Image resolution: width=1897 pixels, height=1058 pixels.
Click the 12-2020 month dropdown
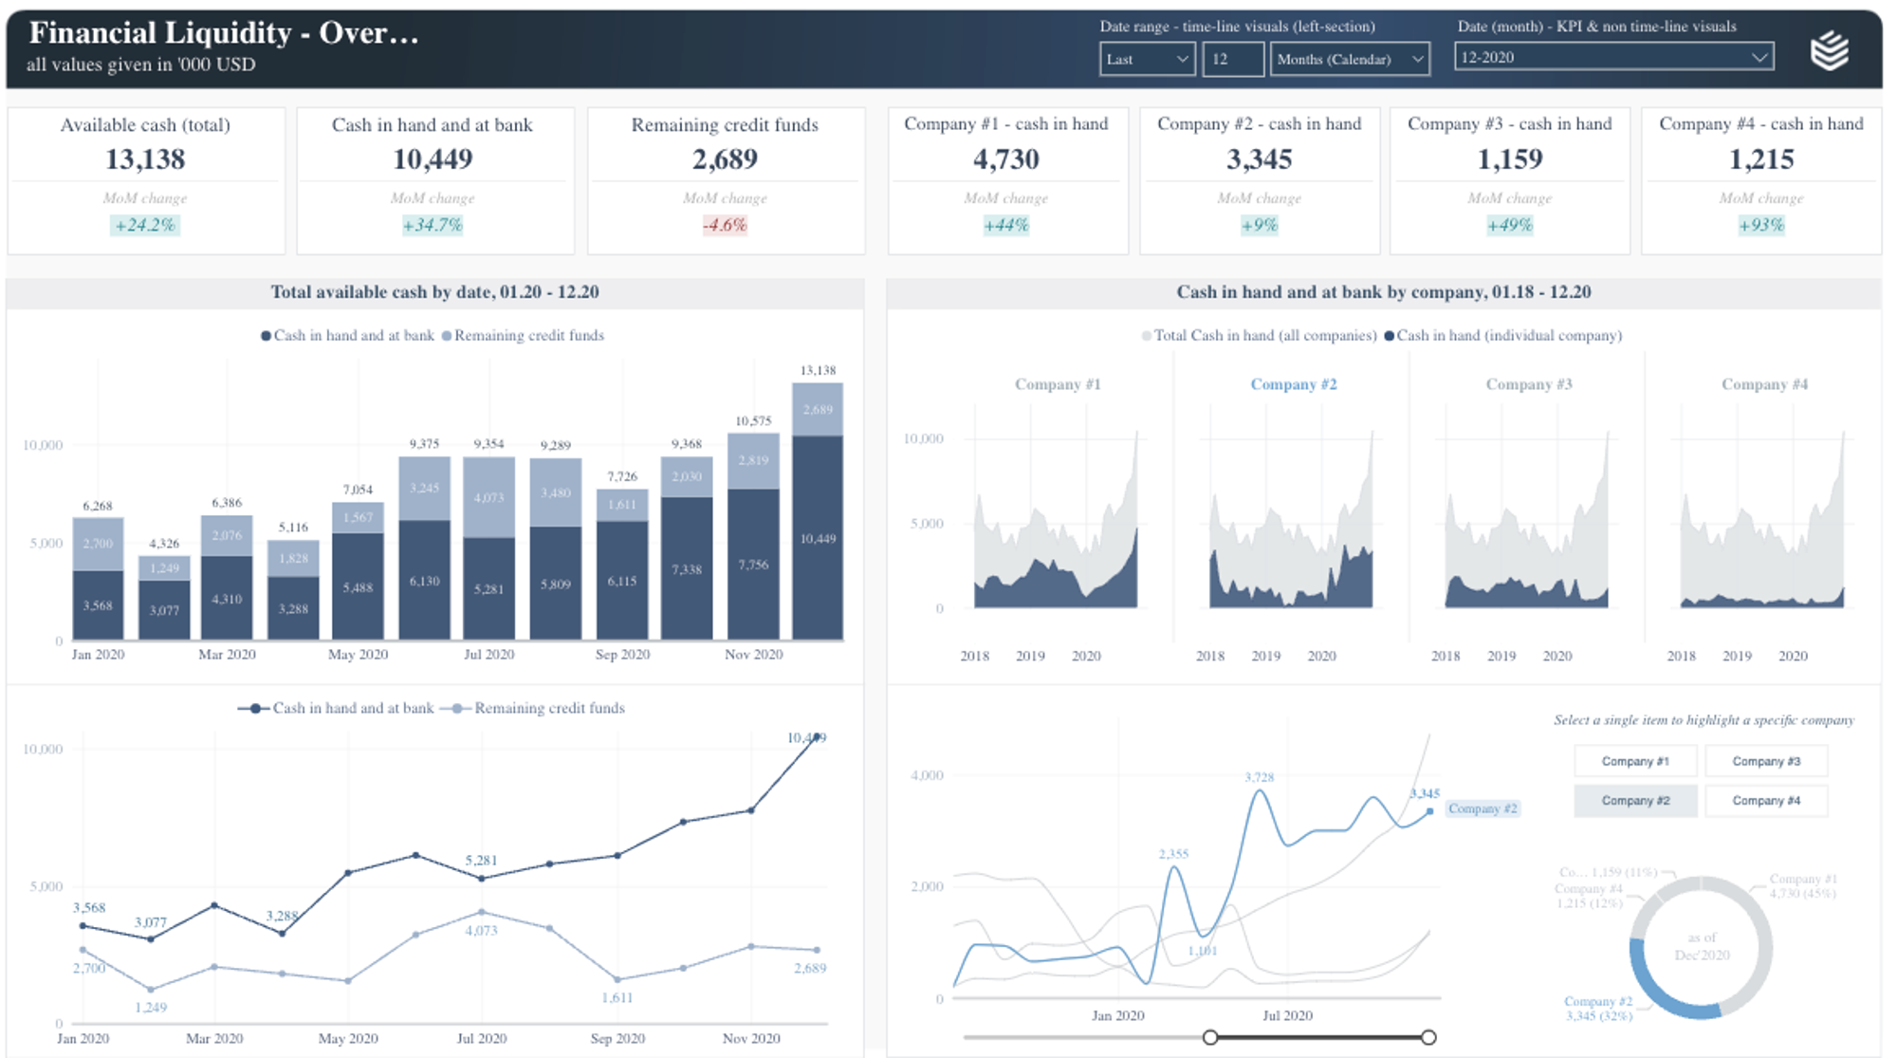(1612, 57)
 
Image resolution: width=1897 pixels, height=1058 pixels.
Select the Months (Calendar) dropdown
(1349, 59)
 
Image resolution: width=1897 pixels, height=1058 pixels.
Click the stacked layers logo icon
(1829, 50)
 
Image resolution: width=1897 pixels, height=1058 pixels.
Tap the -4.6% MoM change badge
(725, 225)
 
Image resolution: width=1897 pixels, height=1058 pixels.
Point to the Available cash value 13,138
(145, 159)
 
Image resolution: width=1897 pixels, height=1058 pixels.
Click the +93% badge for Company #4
(1760, 225)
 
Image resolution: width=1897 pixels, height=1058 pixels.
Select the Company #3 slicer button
(1765, 761)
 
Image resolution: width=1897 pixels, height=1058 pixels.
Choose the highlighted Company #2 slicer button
(1634, 801)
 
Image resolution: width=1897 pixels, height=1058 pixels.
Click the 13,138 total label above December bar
(818, 370)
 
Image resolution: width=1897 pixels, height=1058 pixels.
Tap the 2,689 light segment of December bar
(818, 409)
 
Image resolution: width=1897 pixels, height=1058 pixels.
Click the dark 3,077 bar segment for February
(164, 610)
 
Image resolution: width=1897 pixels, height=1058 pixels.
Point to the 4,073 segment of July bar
(488, 497)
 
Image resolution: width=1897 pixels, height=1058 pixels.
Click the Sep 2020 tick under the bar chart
(622, 655)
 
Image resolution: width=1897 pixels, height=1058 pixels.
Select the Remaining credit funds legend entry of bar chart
(528, 335)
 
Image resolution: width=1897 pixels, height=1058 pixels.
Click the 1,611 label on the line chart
(617, 997)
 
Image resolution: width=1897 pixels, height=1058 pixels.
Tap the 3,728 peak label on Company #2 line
(1259, 777)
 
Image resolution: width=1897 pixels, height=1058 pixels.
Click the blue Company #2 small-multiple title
(1293, 384)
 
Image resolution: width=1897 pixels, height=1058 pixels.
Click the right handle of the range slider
(1428, 1037)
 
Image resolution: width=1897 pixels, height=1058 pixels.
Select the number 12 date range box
(1232, 59)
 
